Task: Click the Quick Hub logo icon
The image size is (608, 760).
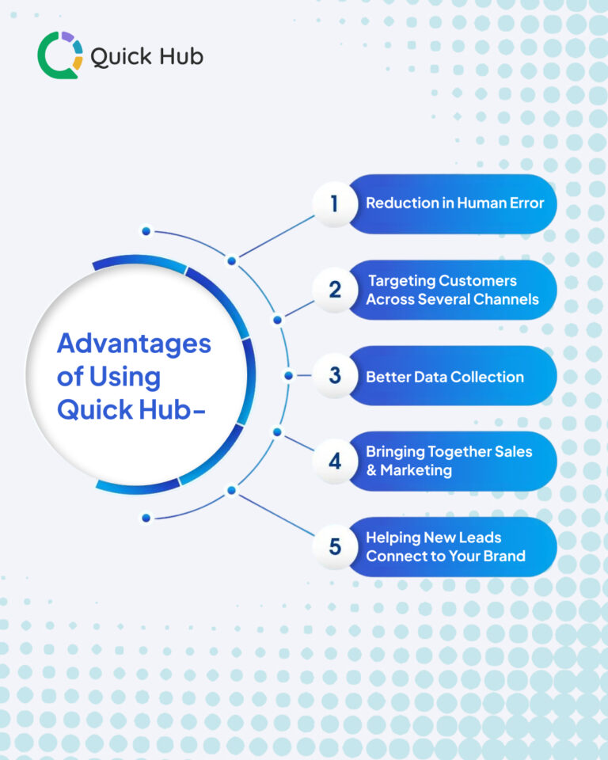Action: coord(59,55)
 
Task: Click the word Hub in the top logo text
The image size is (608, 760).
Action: coord(179,57)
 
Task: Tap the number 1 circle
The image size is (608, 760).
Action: coord(334,203)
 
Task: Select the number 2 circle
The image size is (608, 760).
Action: coord(334,290)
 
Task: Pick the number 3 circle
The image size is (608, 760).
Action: coord(334,375)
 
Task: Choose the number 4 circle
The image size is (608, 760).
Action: coord(334,461)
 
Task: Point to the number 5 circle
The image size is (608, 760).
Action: coord(334,546)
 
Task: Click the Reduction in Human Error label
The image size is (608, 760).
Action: coord(454,203)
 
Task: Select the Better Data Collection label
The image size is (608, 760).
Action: coord(444,377)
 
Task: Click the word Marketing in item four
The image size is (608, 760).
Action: coord(416,470)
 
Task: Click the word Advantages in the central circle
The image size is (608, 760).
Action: coord(134,344)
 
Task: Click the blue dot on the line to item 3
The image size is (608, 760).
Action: coord(288,375)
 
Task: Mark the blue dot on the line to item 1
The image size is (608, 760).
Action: coord(231,260)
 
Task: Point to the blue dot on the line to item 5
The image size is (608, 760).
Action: coord(231,490)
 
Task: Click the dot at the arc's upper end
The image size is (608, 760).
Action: coord(146,231)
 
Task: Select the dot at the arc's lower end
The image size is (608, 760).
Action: coord(146,519)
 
